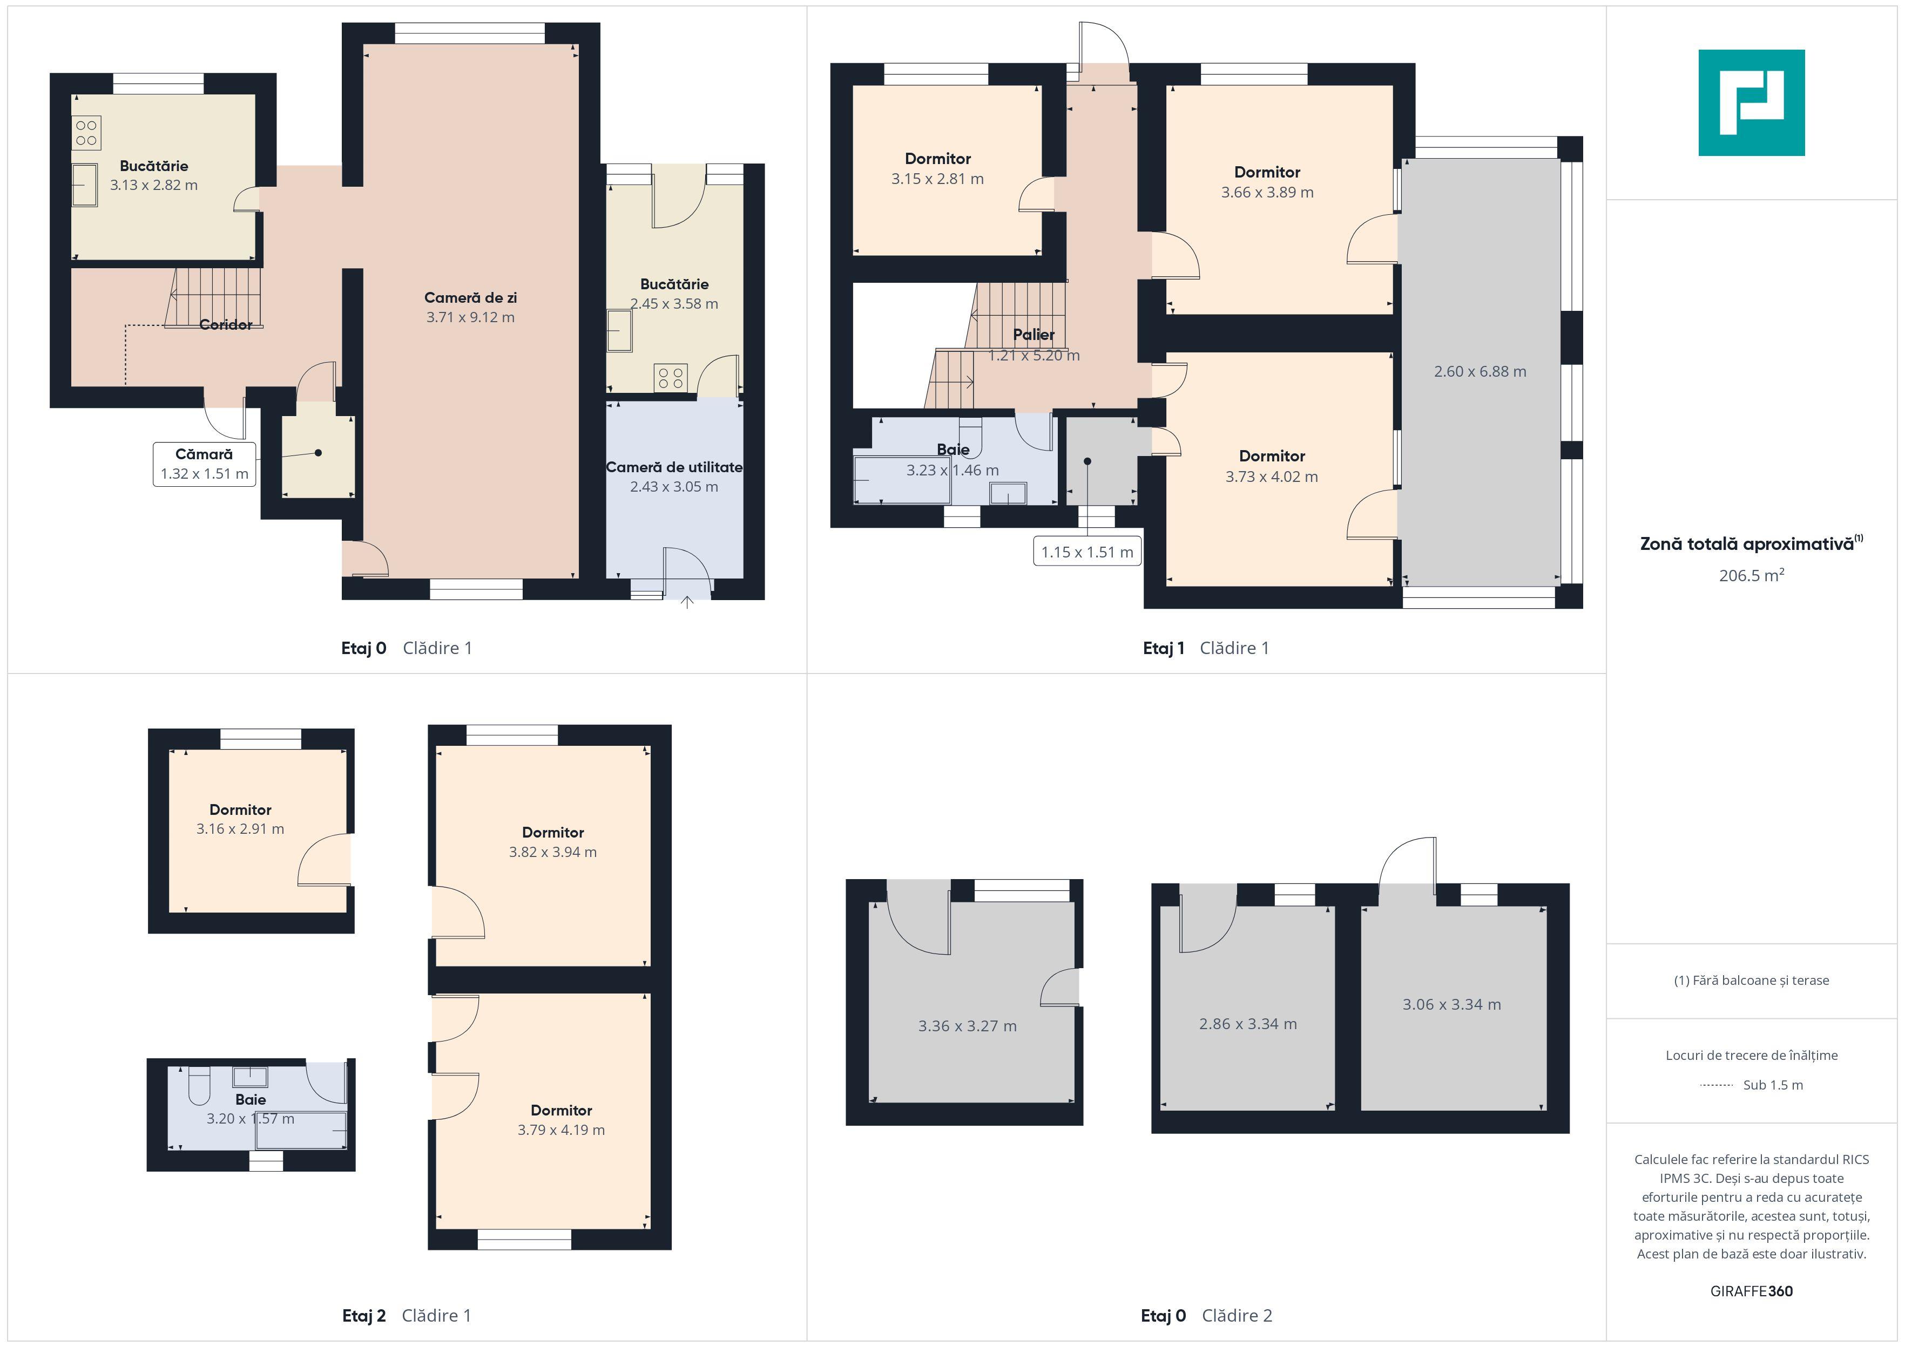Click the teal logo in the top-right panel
[x=1752, y=103]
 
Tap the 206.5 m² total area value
[x=1752, y=575]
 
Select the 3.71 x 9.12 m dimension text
[x=470, y=317]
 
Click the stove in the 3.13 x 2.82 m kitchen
[x=86, y=133]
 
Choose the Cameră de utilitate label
[x=674, y=467]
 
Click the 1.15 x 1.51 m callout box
[x=1087, y=552]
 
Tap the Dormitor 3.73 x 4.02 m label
[x=1272, y=456]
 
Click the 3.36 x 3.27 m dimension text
[x=968, y=1026]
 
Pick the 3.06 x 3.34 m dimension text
[x=1452, y=1004]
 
